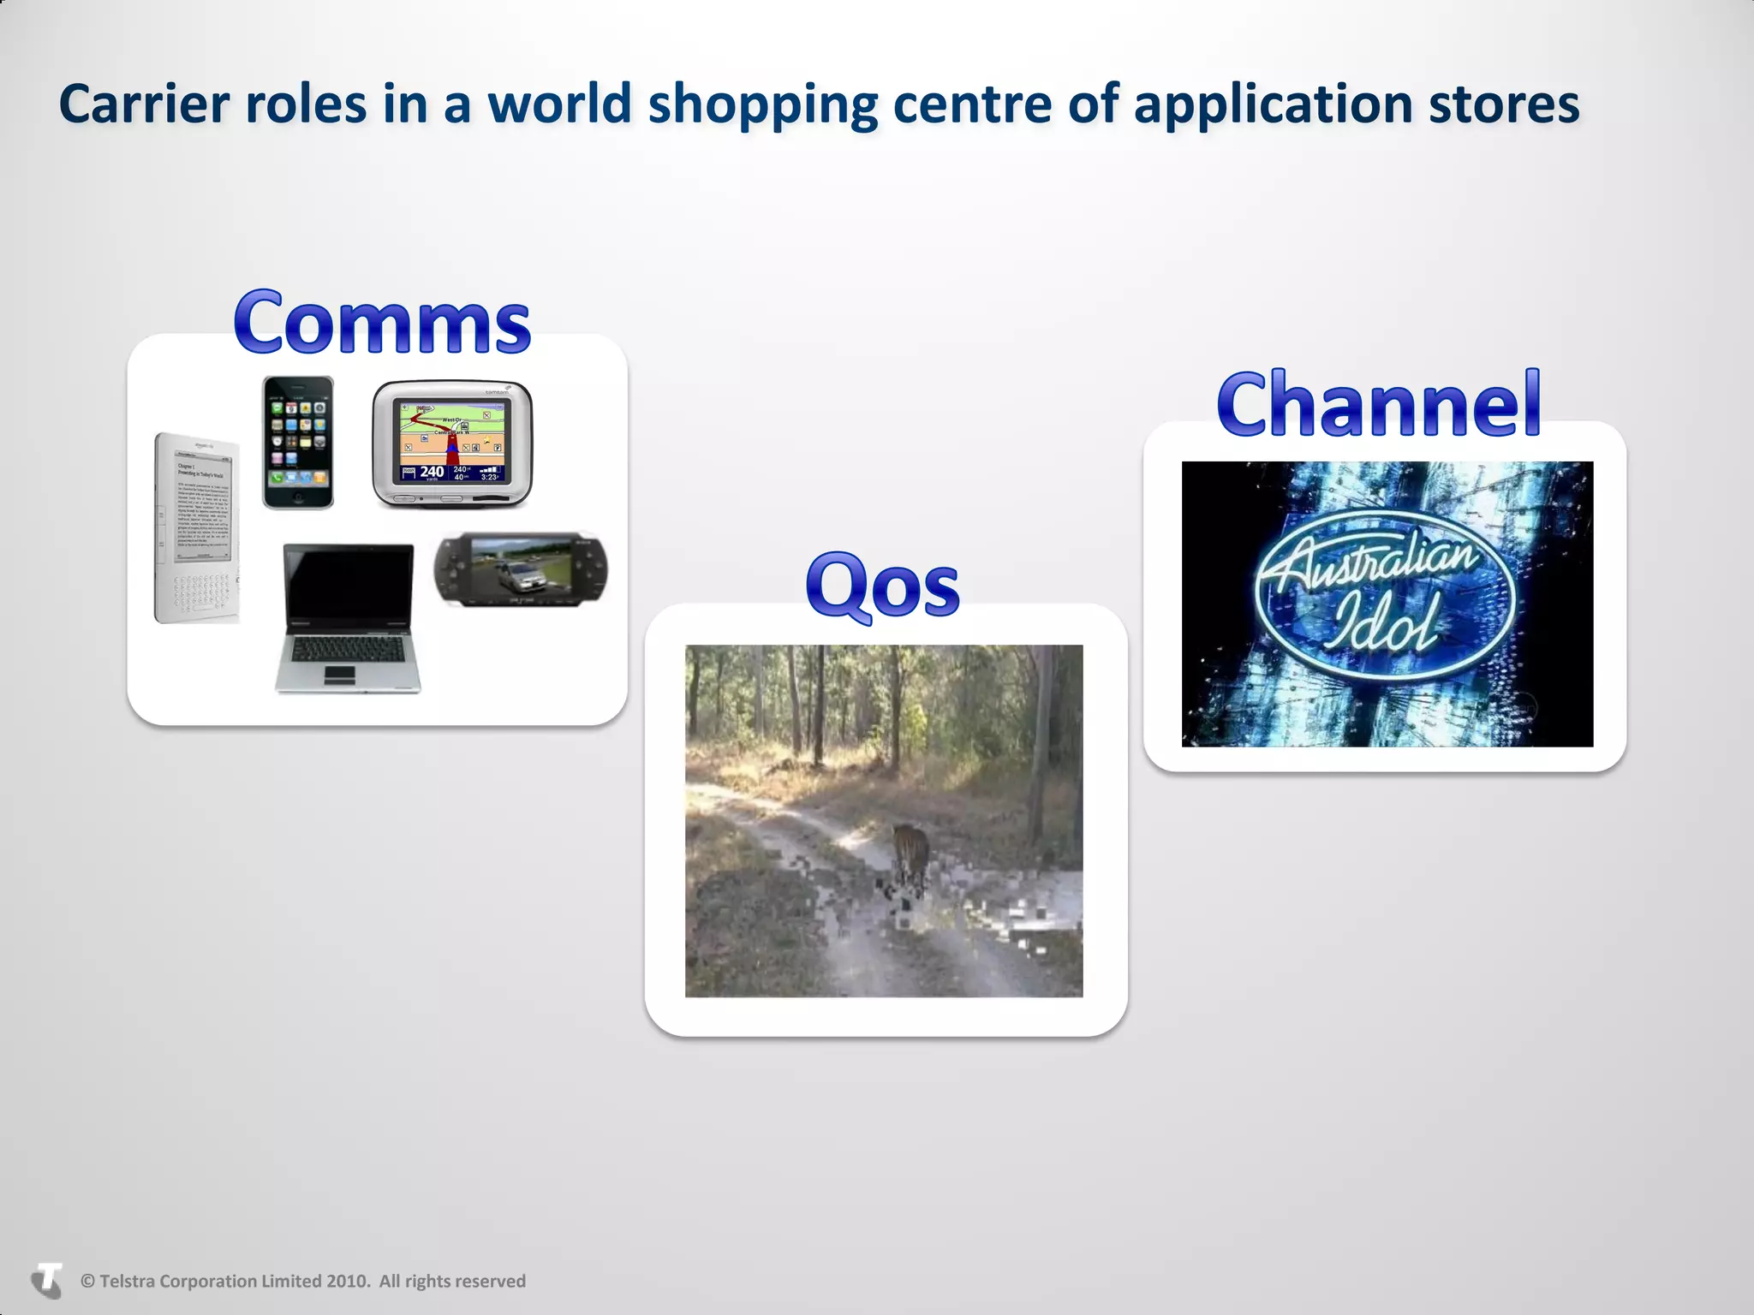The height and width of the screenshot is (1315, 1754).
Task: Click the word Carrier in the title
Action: tap(145, 104)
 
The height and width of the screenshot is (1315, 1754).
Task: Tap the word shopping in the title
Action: tap(762, 104)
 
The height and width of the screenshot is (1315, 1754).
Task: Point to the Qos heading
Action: tap(882, 585)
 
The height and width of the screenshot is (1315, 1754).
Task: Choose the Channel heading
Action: tap(1379, 403)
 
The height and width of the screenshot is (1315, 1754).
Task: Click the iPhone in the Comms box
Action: tap(297, 443)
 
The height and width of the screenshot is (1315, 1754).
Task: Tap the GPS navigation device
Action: tap(452, 443)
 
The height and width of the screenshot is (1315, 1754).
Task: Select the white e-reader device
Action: tap(196, 528)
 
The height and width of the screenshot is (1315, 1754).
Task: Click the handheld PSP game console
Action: tap(522, 569)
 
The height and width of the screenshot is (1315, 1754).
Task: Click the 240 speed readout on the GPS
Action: tap(432, 472)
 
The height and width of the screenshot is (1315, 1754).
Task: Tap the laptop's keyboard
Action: tap(348, 650)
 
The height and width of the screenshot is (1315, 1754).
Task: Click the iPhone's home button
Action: tap(297, 498)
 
